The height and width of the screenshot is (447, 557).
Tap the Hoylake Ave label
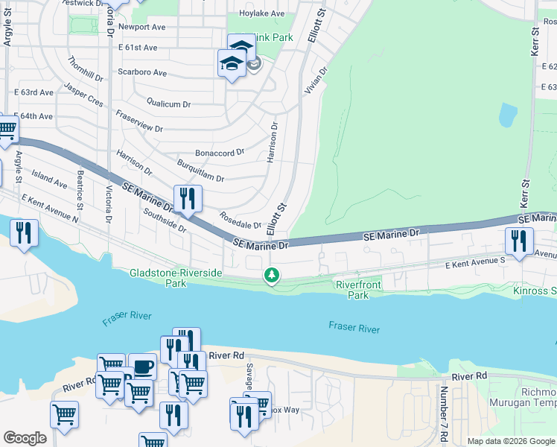[x=261, y=14]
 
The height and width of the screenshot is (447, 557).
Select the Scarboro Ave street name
[x=141, y=73]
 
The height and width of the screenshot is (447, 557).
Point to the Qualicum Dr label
[x=169, y=105]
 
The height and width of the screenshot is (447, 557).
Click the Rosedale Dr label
[x=240, y=220]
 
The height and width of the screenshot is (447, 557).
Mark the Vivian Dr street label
[x=314, y=81]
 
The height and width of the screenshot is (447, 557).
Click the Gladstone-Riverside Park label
[x=175, y=278]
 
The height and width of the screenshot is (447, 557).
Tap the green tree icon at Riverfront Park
[x=273, y=276]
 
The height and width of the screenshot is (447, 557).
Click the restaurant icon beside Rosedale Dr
[x=187, y=199]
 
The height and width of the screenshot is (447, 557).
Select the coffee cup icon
[x=141, y=367]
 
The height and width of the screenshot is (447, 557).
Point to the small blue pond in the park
[x=507, y=115]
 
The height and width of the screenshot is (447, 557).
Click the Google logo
[x=25, y=438]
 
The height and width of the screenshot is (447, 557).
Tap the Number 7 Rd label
[x=443, y=413]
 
